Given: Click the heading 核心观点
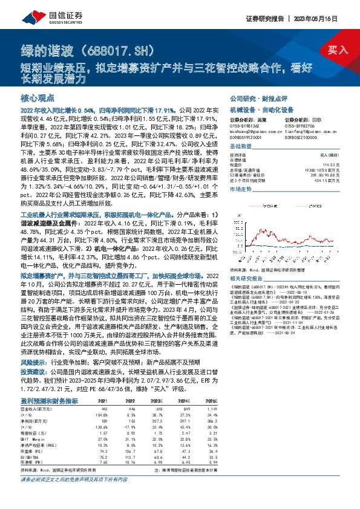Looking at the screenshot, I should click(x=38, y=98).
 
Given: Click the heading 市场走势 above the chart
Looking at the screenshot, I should click(x=242, y=189).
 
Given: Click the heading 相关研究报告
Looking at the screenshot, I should click(x=246, y=278).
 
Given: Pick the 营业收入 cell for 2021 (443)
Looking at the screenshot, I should click(x=103, y=408).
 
